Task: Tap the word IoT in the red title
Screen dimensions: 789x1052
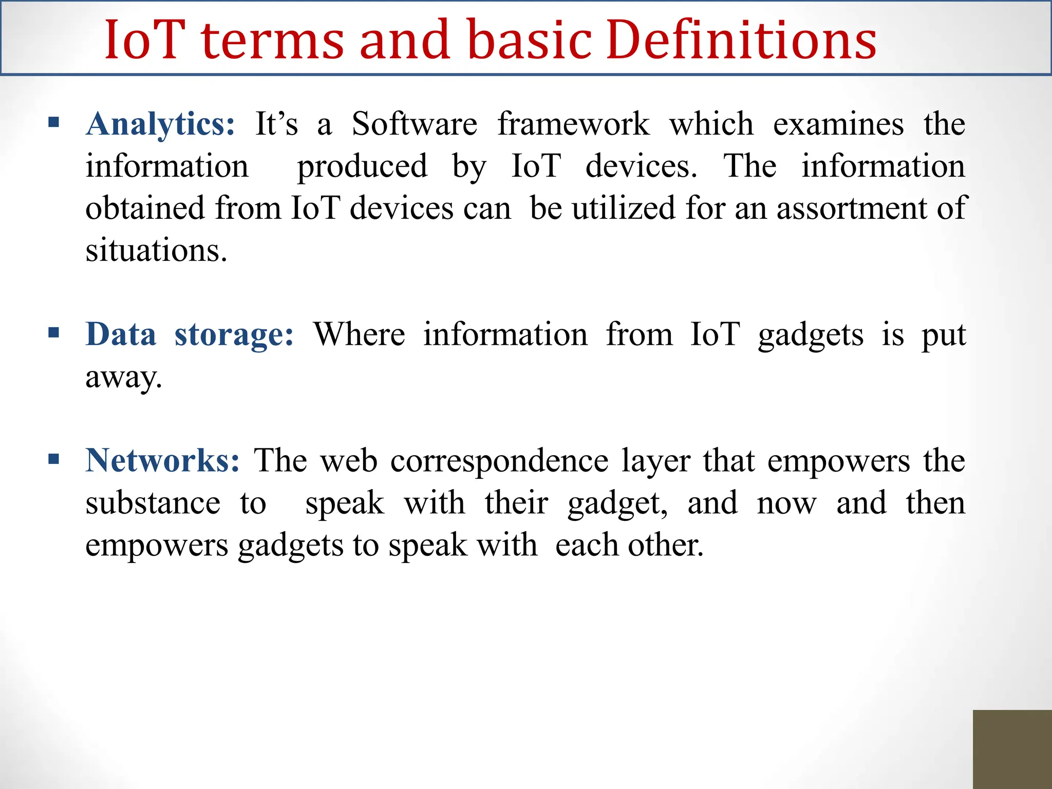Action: coord(144,40)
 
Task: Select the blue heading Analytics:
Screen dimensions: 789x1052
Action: coord(160,125)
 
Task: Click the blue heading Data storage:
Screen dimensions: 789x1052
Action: coord(190,335)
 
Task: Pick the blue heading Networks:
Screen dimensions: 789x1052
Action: coord(162,460)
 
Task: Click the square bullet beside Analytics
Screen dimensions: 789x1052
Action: coord(53,123)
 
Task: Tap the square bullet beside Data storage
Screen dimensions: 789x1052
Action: coord(53,333)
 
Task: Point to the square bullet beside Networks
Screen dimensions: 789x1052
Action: coord(53,459)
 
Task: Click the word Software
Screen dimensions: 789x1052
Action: coord(414,124)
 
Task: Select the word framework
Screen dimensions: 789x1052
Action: coord(573,124)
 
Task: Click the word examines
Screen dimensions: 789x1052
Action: coord(838,124)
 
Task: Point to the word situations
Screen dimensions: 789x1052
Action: coord(156,251)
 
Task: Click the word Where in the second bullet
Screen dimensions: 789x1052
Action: coord(359,334)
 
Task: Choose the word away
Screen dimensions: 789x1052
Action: coord(123,378)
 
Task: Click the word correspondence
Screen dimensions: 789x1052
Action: coord(499,461)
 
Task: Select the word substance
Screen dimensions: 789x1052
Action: coord(153,503)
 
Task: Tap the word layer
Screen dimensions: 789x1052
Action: coord(655,461)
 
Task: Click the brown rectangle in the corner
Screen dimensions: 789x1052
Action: coord(1012,749)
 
